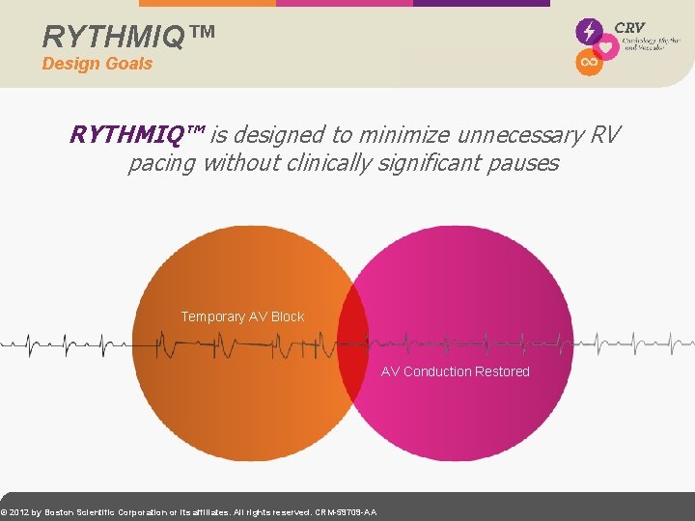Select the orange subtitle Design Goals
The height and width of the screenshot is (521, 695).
click(x=97, y=64)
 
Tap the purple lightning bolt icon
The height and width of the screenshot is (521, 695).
click(x=588, y=31)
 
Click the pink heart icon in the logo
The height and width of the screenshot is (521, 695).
click(x=606, y=46)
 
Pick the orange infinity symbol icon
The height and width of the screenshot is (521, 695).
click(x=588, y=63)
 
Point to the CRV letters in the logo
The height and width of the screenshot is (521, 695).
click(x=629, y=28)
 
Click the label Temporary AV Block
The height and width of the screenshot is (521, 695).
click(x=242, y=316)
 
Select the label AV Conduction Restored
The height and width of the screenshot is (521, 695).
click(x=455, y=371)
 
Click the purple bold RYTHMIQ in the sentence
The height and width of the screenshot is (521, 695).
click(x=136, y=134)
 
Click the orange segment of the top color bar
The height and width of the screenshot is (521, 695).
click(x=208, y=3)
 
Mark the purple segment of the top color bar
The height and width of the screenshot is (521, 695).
click(x=481, y=3)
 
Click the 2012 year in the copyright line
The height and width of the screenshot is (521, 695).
click(x=19, y=512)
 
